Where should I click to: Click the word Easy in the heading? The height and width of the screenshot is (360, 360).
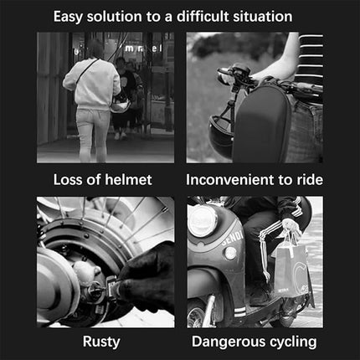pyautogui.click(x=69, y=16)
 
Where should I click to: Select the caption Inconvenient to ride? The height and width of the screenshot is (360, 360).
pyautogui.click(x=255, y=179)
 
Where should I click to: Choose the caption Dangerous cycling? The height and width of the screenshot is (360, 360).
pyautogui.click(x=255, y=342)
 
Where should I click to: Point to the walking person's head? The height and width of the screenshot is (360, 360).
pyautogui.click(x=95, y=49)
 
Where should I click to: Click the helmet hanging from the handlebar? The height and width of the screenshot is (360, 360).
pyautogui.click(x=222, y=134)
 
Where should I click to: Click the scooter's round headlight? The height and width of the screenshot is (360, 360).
pyautogui.click(x=203, y=221)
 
